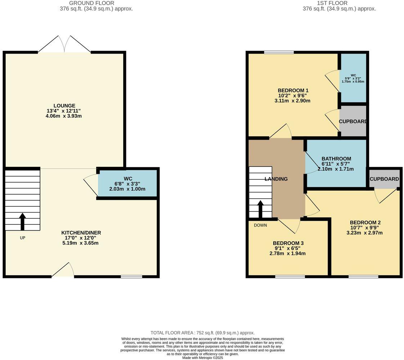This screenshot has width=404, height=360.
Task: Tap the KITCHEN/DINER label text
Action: click(81, 233)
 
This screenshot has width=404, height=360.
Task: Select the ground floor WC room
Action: click(128, 183)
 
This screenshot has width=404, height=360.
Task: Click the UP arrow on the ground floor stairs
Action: click(22, 221)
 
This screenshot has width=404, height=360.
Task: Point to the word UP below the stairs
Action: click(22, 238)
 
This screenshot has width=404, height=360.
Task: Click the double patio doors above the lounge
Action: click(64, 45)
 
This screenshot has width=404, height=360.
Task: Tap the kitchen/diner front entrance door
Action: click(63, 270)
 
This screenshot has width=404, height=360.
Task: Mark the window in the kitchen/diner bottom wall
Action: click(131, 277)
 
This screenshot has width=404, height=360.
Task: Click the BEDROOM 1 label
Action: click(293, 90)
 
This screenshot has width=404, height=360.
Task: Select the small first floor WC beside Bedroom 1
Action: click(353, 78)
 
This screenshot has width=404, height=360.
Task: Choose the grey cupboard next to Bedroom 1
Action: click(353, 121)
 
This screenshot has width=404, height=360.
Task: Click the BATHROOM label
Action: click(336, 159)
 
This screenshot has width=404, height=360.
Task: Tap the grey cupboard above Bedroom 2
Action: click(384, 179)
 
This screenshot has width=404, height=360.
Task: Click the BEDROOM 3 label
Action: click(288, 243)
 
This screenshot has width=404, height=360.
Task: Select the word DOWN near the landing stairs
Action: click(260, 225)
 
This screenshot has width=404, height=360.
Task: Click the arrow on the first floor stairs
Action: click(260, 209)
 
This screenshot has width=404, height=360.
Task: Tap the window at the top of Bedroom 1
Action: click(279, 53)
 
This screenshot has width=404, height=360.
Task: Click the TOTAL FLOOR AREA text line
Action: click(202, 333)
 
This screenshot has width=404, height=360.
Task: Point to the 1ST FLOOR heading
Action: click(332, 3)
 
